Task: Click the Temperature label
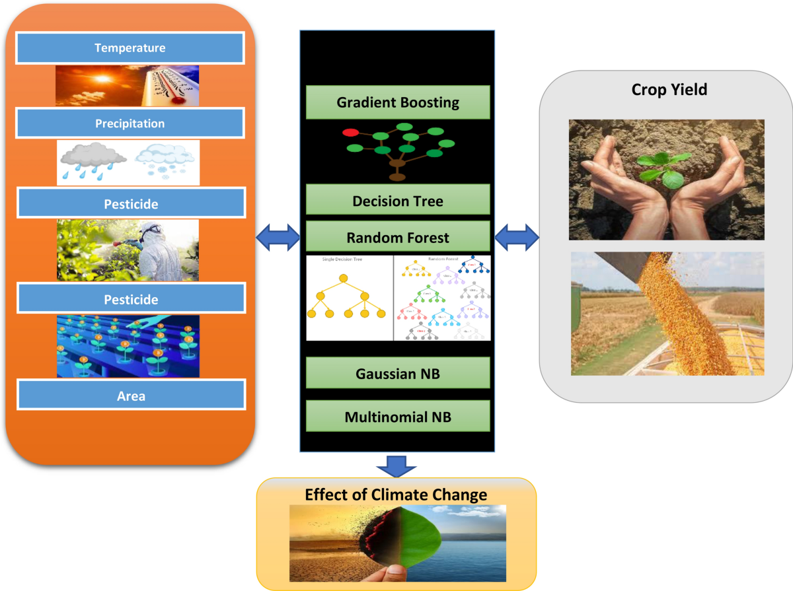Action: click(x=130, y=48)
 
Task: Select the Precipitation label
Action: click(x=130, y=123)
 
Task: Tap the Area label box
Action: click(x=131, y=396)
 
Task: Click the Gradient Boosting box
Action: click(x=397, y=102)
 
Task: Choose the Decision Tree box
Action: click(x=397, y=200)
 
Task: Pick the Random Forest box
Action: click(x=397, y=237)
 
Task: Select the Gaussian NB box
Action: click(x=397, y=374)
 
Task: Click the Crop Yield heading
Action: click(x=669, y=89)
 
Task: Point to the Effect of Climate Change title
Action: click(x=396, y=494)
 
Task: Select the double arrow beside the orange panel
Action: click(x=278, y=236)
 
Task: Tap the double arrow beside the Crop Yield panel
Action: click(x=517, y=236)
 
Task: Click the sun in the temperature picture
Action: click(x=102, y=79)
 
